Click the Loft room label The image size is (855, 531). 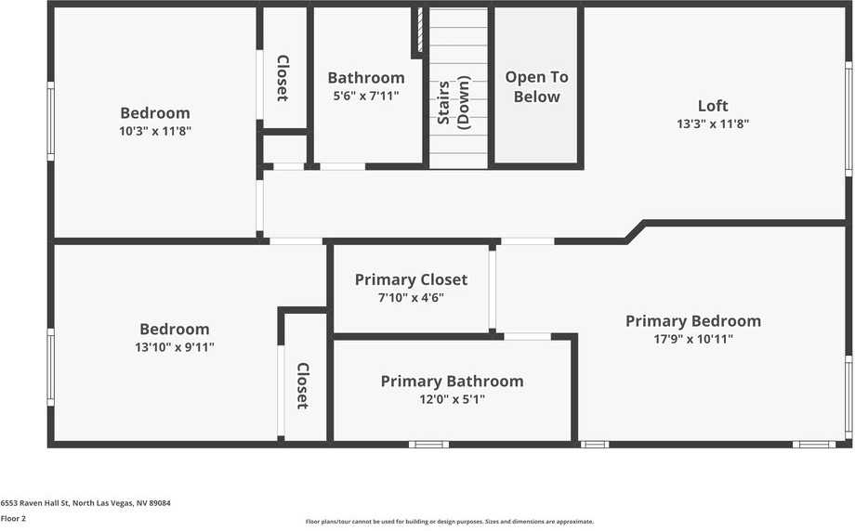pyautogui.click(x=713, y=106)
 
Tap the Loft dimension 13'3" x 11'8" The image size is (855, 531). pyautogui.click(x=713, y=123)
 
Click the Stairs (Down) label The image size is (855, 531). pyautogui.click(x=454, y=103)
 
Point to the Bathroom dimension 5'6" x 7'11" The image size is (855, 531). pyautogui.click(x=365, y=95)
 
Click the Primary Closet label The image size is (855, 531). pyautogui.click(x=411, y=279)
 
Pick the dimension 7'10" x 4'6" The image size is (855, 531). pyautogui.click(x=411, y=298)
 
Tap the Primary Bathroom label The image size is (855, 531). pyautogui.click(x=452, y=381)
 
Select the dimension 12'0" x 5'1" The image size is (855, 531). pyautogui.click(x=452, y=399)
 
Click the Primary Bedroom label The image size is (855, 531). pyautogui.click(x=692, y=321)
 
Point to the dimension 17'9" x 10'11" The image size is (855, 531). pyautogui.click(x=692, y=340)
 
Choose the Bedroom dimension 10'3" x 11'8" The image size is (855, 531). pyautogui.click(x=155, y=131)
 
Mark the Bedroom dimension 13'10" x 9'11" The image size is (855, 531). pyautogui.click(x=174, y=347)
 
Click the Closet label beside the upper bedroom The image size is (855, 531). pyautogui.click(x=283, y=78)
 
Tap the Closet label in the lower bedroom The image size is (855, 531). pyautogui.click(x=303, y=385)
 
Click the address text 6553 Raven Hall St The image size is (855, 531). pyautogui.click(x=85, y=503)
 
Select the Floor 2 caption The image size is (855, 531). pyautogui.click(x=13, y=518)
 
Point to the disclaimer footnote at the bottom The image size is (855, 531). pyautogui.click(x=449, y=522)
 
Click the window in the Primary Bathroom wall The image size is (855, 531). pyautogui.click(x=428, y=444)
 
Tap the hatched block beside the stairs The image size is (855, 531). pyautogui.click(x=420, y=31)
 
